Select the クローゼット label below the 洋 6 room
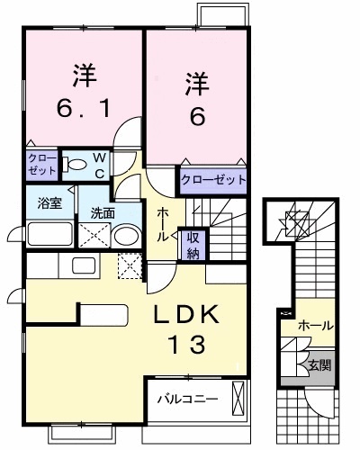tap(213, 180)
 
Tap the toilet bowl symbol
tap(78, 164)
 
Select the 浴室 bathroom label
tap(50, 202)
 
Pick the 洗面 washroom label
tap(100, 213)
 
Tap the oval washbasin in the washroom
tap(128, 237)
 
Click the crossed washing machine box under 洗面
tap(94, 237)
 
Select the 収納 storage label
tap(193, 244)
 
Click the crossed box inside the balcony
tap(238, 397)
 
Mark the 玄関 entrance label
tap(319, 365)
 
